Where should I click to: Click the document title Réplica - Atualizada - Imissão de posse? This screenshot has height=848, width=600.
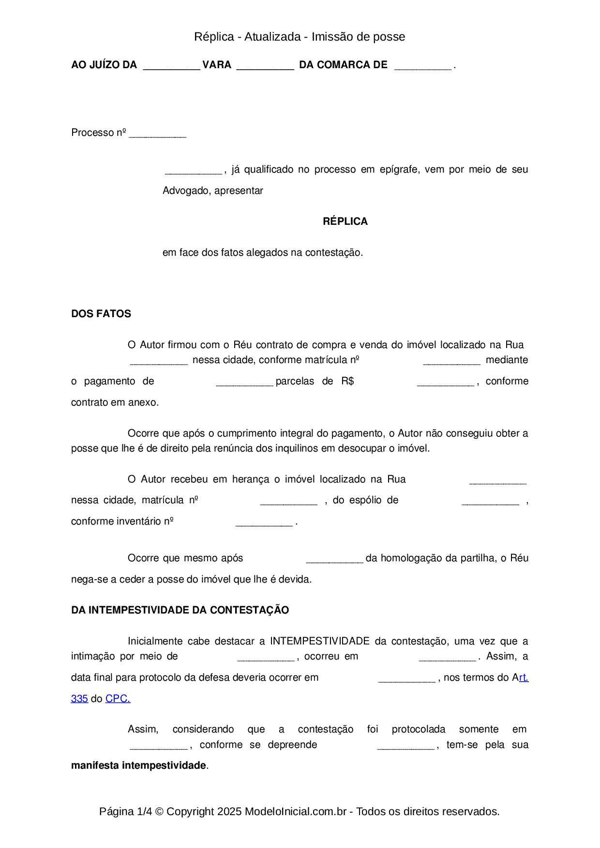[300, 37]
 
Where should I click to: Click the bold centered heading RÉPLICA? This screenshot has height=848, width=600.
[345, 221]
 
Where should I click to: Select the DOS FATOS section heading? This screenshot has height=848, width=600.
[101, 314]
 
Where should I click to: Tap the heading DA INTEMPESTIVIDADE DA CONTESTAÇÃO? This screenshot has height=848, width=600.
[180, 610]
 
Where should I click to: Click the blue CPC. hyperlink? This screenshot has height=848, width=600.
[118, 699]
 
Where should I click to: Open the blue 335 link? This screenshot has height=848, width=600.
[79, 699]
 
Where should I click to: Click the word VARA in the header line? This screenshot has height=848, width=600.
[217, 65]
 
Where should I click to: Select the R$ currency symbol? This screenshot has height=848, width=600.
[347, 381]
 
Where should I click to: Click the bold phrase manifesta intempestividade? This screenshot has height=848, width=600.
[138, 765]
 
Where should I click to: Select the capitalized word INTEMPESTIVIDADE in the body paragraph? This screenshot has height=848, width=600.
[320, 641]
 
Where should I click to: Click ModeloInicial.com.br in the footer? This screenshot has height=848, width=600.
[296, 811]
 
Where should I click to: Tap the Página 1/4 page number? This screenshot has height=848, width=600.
[125, 811]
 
